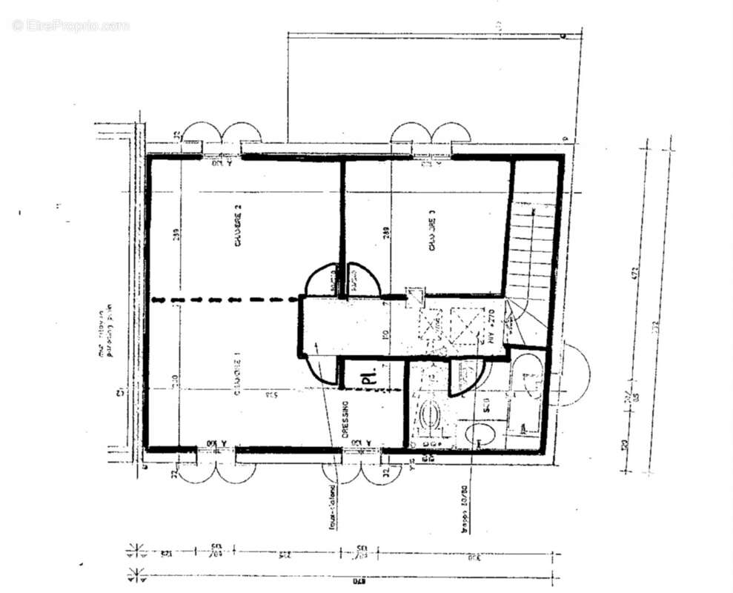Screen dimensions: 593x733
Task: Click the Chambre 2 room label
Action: coord(238,227)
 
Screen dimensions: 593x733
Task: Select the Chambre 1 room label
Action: coord(238,376)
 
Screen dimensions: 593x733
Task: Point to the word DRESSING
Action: coord(345,421)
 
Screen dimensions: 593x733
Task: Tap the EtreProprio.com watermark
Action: coord(70,25)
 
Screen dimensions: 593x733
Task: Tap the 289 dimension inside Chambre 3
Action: coord(385,231)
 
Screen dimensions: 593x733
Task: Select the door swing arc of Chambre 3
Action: coord(364,279)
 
